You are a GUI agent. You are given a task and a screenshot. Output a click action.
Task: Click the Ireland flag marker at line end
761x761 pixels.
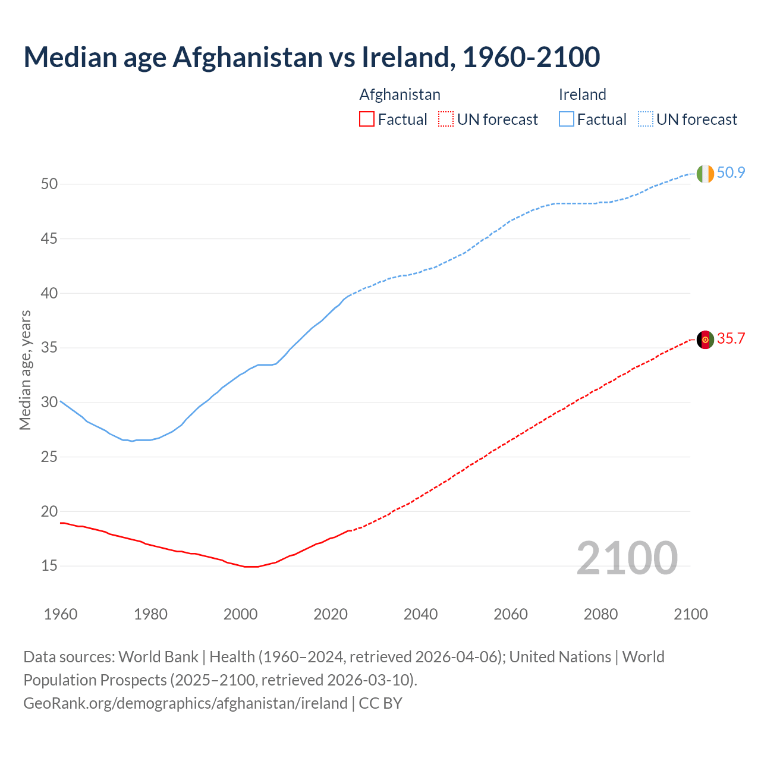(x=705, y=174)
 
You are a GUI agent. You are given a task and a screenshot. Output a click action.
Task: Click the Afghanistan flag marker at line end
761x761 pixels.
(x=705, y=339)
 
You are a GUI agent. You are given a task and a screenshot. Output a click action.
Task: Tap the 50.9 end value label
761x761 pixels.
(x=731, y=173)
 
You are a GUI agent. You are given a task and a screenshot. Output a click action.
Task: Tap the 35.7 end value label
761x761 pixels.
(x=731, y=339)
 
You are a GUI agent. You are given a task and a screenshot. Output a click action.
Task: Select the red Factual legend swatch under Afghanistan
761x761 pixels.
(x=367, y=120)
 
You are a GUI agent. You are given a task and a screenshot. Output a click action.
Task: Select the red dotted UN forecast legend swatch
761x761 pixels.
(x=446, y=120)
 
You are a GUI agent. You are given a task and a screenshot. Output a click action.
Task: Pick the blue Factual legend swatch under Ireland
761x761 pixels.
(x=566, y=120)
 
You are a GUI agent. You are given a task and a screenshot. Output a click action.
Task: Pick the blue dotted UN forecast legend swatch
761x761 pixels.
(x=645, y=120)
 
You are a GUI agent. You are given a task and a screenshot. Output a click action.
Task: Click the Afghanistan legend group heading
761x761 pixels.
(x=400, y=95)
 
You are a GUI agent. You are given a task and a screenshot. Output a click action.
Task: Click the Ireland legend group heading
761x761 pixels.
(x=582, y=95)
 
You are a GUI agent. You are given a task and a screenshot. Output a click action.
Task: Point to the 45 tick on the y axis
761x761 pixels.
(x=49, y=239)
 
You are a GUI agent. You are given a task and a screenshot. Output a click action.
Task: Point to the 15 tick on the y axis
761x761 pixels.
(x=49, y=566)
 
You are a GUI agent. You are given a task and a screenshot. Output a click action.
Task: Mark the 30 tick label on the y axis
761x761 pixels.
(x=49, y=402)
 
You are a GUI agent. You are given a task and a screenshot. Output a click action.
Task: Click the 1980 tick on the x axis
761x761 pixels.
(x=150, y=614)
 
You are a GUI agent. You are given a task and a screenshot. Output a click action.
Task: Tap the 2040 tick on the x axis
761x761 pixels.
(x=420, y=614)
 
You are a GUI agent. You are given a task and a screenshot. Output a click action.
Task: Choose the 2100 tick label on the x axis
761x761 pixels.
(x=690, y=614)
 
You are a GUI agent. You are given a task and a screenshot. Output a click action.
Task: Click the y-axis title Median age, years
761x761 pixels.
(x=25, y=370)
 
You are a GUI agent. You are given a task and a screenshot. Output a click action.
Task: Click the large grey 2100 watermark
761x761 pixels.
(x=627, y=558)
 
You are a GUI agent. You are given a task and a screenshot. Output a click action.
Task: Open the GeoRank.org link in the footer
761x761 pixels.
(x=185, y=703)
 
